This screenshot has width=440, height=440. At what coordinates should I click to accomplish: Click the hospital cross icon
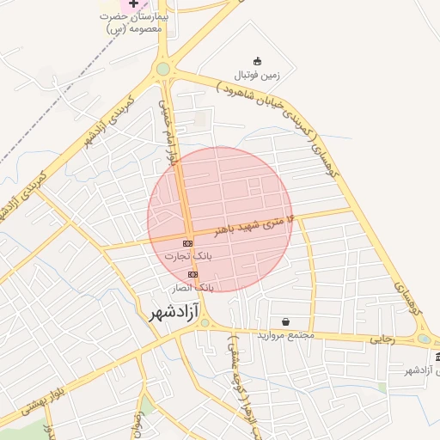134,4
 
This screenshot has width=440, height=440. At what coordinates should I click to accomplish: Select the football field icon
257,61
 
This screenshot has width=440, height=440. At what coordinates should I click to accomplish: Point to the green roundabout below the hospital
163,69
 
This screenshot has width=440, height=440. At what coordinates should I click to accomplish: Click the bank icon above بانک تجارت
187,244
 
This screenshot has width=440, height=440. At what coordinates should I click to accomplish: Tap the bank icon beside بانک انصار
192,274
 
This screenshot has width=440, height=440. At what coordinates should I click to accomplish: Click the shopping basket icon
284,321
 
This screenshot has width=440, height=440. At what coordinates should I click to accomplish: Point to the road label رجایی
382,339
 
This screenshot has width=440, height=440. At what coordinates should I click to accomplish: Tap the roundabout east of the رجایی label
423,339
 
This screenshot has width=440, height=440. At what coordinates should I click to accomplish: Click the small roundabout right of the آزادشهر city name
209,327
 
